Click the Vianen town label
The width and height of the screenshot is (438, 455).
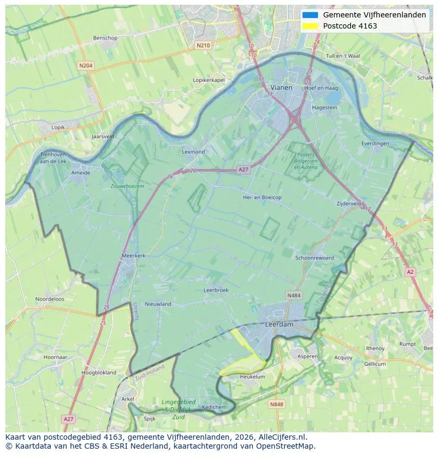pyautogui.click(x=281, y=87)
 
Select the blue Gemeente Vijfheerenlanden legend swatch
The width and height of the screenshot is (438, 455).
pyautogui.click(x=311, y=15)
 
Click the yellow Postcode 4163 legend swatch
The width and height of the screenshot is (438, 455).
pyautogui.click(x=311, y=26)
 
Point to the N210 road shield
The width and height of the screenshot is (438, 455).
pyautogui.click(x=203, y=45)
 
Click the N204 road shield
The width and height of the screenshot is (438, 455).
pyautogui.click(x=85, y=66)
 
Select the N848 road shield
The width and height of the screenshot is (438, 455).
pyautogui.click(x=276, y=404)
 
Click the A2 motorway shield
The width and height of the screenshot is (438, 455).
pyautogui.click(x=410, y=272)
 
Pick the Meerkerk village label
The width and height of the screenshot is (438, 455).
pyautogui.click(x=133, y=255)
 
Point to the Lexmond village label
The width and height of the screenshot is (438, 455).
pyautogui.click(x=193, y=152)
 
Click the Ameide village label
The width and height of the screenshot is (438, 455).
pyautogui.click(x=80, y=172)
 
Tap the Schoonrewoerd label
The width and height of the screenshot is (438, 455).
pyautogui.click(x=315, y=258)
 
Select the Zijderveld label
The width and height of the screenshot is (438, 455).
pyautogui.click(x=349, y=203)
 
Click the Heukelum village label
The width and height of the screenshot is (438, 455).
pyautogui.click(x=252, y=377)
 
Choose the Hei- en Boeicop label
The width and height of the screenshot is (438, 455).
pyautogui.click(x=262, y=197)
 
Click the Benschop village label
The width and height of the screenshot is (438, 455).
pyautogui.click(x=105, y=38)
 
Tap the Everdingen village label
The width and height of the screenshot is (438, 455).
pyautogui.click(x=375, y=143)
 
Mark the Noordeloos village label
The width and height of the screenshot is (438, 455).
pyautogui.click(x=50, y=299)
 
